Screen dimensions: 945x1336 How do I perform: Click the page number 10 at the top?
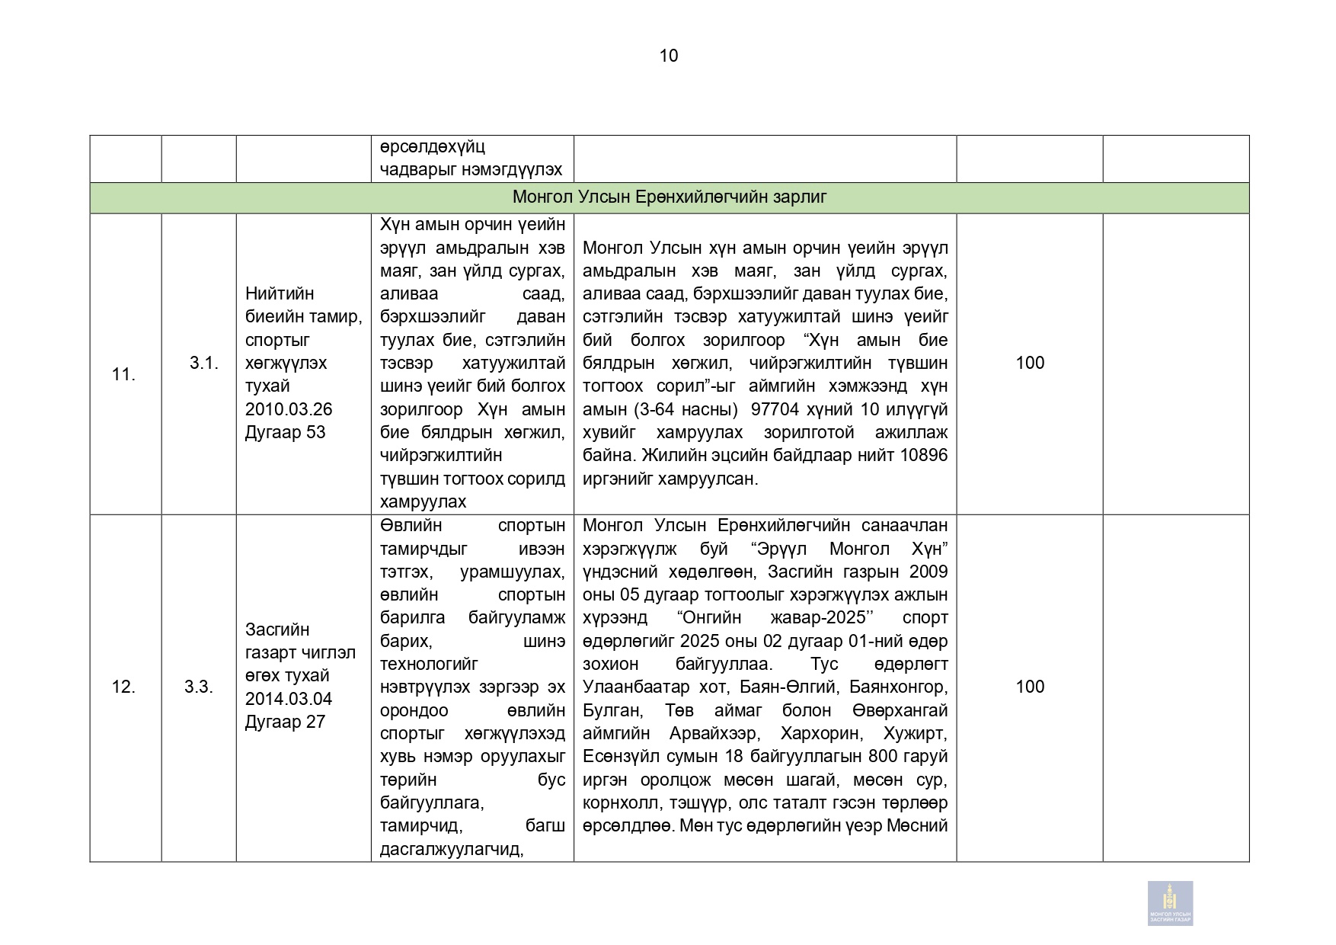coord(668,56)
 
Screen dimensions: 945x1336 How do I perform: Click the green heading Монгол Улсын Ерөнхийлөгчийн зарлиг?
coord(669,197)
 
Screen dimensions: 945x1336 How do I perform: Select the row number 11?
coord(123,374)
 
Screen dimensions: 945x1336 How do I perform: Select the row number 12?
coord(123,687)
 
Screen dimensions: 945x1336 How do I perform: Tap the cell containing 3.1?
coord(203,363)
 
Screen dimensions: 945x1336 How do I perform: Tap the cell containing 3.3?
coord(199,687)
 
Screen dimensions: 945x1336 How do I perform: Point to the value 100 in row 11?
coord(1030,363)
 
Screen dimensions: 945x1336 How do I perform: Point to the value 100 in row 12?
coord(1030,687)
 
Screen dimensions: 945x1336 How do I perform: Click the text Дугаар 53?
coord(285,432)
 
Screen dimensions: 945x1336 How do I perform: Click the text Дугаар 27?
coord(285,722)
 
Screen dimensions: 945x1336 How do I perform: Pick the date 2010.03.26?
coord(289,409)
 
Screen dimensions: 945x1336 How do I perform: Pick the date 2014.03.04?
coord(289,699)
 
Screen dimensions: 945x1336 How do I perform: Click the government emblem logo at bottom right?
coord(1170,903)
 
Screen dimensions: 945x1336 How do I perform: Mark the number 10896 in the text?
coord(922,455)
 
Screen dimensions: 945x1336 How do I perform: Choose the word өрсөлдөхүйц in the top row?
coord(433,146)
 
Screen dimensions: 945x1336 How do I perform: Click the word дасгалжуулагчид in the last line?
coord(451,849)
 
